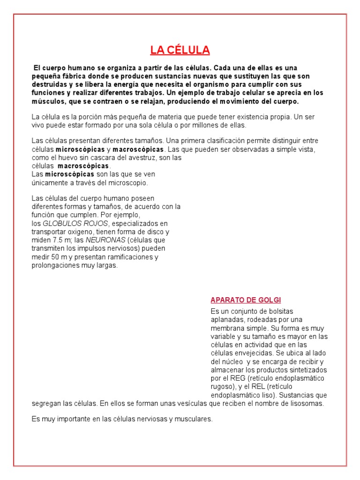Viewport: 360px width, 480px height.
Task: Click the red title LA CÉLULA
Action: (180, 50)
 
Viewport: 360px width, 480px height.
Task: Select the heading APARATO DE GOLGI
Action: (246, 300)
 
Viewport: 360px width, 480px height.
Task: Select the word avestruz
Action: (142, 157)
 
